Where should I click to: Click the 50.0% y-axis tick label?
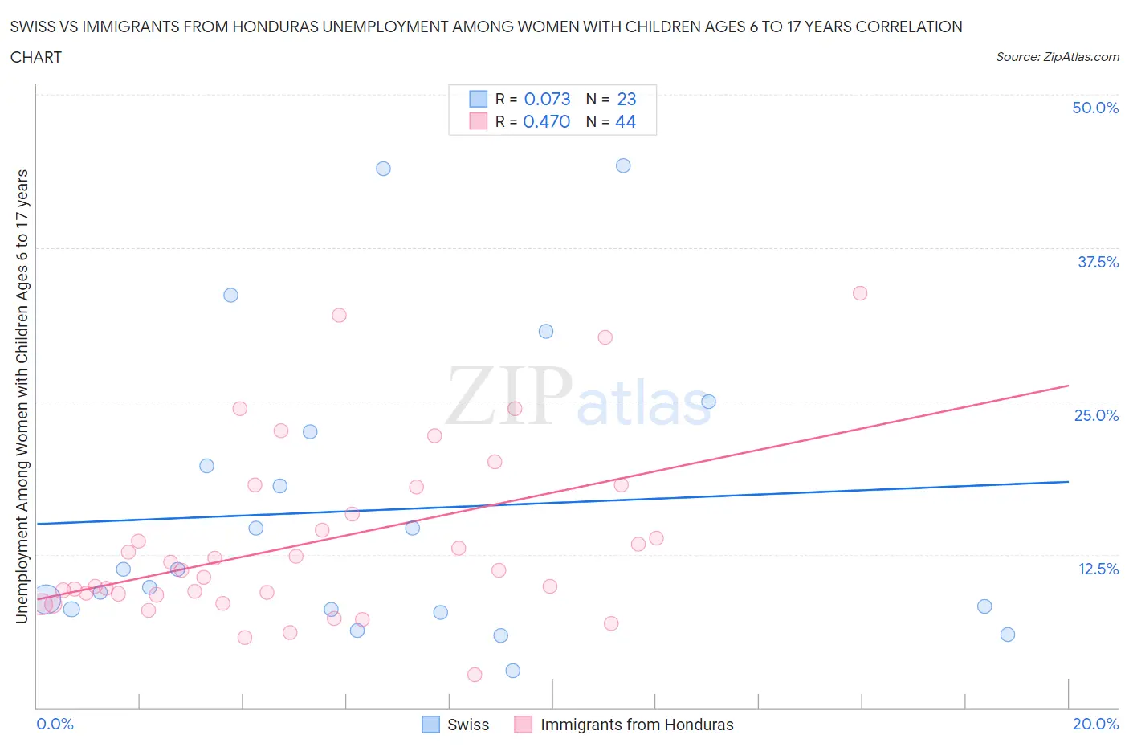(1095, 108)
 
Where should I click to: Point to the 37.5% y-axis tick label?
(1098, 262)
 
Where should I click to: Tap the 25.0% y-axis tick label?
(1096, 415)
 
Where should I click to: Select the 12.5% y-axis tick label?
(1098, 569)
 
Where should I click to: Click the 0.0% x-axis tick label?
(55, 724)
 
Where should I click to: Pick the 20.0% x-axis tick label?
(1095, 724)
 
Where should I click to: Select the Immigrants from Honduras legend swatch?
(524, 725)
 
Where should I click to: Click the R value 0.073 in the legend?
(547, 99)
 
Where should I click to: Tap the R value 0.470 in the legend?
(546, 121)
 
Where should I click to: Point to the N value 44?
(625, 121)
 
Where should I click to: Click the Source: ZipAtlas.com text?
(1057, 57)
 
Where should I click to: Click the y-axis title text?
(22, 396)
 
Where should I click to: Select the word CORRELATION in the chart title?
(908, 27)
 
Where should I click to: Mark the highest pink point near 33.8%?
(860, 293)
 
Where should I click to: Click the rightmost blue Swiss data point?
(1008, 635)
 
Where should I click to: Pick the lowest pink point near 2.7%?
(475, 675)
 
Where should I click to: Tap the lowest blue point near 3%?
(513, 671)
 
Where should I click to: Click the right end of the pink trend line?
(1068, 386)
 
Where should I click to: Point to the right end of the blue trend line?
(1068, 481)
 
